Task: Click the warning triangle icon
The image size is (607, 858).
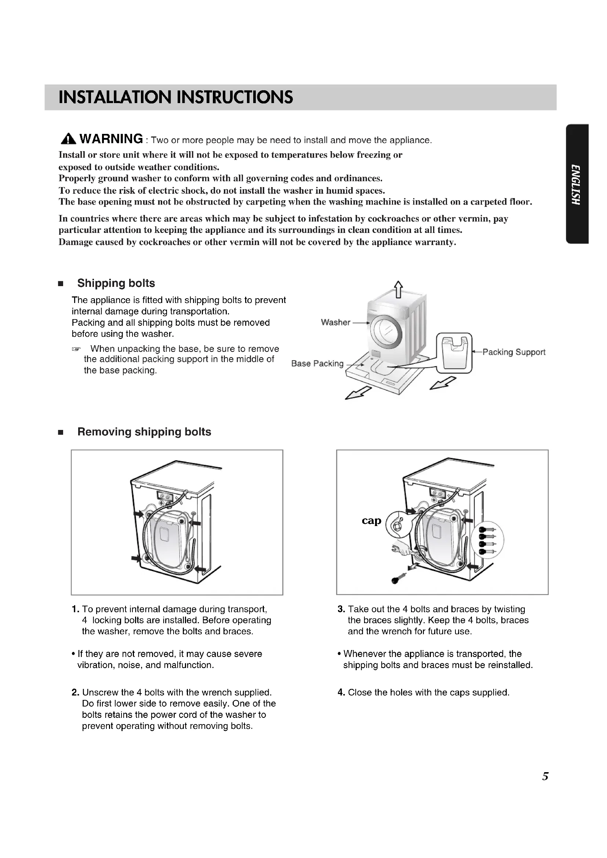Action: tap(68, 139)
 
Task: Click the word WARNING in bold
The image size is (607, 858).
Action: tap(111, 139)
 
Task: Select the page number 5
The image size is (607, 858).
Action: tap(545, 776)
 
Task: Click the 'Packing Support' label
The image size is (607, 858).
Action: tap(514, 352)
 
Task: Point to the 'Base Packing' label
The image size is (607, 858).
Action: tap(317, 364)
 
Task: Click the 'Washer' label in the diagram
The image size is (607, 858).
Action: tap(336, 322)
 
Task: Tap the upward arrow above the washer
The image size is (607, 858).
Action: tap(399, 290)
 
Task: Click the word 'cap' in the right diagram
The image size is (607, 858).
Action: tap(371, 521)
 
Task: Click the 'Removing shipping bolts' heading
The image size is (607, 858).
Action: tap(144, 432)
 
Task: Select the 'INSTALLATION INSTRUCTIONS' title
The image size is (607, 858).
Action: tap(176, 97)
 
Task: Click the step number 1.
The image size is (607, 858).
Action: tap(75, 610)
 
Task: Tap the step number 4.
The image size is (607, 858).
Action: tap(341, 693)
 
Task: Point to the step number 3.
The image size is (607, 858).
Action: tap(341, 610)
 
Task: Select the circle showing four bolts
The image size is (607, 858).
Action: tap(487, 540)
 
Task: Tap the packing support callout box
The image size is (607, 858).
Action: tap(454, 353)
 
